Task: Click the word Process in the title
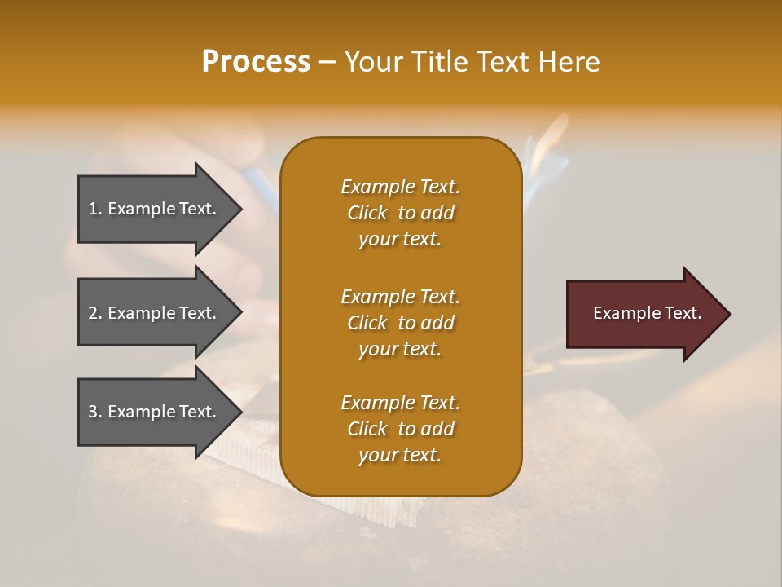tap(256, 62)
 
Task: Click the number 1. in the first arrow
tap(95, 209)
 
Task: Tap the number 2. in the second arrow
tap(95, 313)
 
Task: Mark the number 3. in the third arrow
tap(95, 412)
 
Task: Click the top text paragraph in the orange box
tap(400, 213)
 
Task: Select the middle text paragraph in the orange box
tap(400, 323)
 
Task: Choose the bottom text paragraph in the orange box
tap(400, 429)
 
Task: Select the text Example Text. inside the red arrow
tap(648, 313)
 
